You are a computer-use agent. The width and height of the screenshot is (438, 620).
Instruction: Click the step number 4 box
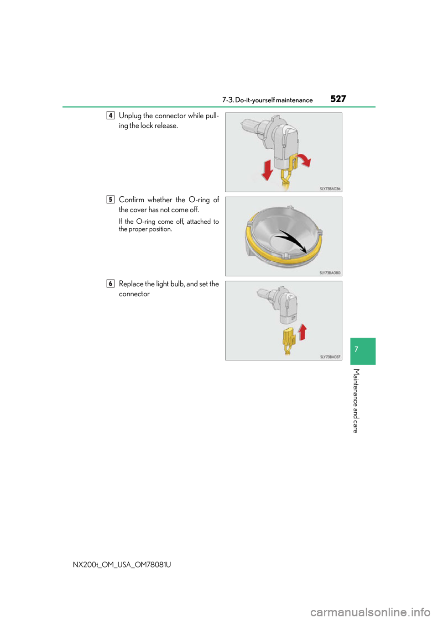110,115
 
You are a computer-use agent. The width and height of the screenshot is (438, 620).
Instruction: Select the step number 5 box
110,199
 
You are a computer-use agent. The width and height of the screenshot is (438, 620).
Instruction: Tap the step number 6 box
110,283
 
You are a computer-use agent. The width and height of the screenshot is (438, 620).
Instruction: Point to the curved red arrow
302,159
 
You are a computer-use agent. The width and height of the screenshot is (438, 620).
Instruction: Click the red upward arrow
302,332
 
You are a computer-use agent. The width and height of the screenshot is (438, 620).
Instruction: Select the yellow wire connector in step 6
289,338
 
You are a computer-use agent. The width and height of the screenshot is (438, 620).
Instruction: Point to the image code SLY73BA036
330,189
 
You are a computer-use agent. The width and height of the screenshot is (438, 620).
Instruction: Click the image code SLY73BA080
330,273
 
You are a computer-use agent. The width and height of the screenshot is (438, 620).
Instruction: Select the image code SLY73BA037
330,357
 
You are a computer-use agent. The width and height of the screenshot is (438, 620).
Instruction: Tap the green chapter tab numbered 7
363,351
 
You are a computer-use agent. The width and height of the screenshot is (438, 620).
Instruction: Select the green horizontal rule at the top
219,107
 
